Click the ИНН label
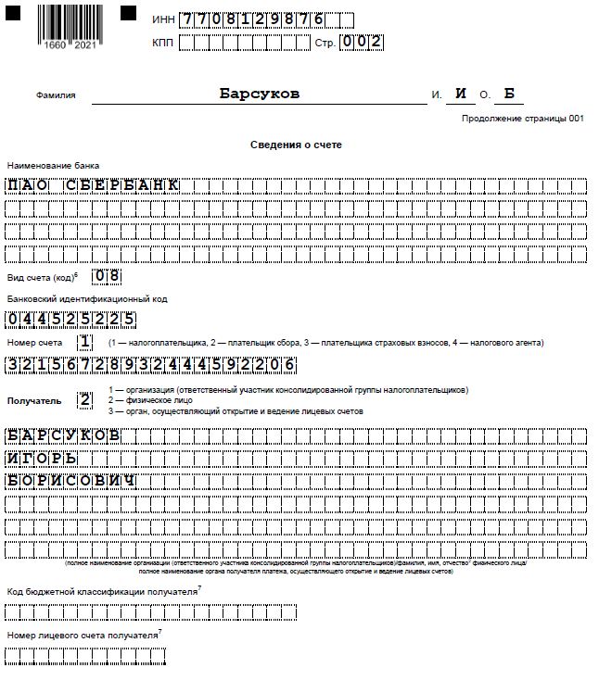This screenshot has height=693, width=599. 162,19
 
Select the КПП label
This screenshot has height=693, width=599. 162,43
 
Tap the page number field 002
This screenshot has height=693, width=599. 361,43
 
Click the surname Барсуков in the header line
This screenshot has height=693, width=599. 260,94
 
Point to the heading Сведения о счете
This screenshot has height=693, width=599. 296,145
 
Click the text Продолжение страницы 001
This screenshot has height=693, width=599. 523,119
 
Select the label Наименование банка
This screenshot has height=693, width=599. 46,165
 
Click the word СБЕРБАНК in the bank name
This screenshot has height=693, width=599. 122,185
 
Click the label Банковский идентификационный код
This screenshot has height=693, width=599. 87,299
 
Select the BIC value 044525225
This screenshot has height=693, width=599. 71,321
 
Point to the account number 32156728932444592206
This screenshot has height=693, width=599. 151,365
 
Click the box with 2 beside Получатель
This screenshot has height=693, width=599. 85,400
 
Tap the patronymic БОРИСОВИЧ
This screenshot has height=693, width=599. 71,481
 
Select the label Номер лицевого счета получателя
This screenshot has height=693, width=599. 83,636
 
